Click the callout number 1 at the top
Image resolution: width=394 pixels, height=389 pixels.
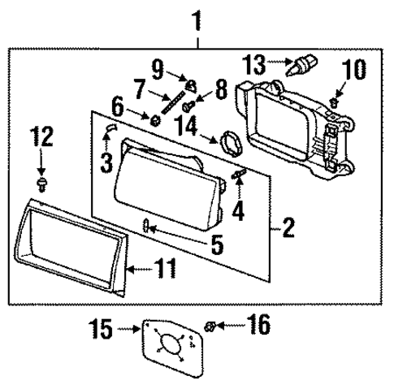click(x=195, y=18)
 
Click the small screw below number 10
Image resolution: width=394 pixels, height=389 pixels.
click(x=333, y=102)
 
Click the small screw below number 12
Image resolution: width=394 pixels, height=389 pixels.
click(x=42, y=175)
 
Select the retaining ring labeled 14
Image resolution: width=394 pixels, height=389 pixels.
click(x=231, y=143)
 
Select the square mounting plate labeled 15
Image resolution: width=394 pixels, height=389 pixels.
click(x=170, y=347)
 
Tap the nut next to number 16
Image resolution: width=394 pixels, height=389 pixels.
click(x=210, y=326)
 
